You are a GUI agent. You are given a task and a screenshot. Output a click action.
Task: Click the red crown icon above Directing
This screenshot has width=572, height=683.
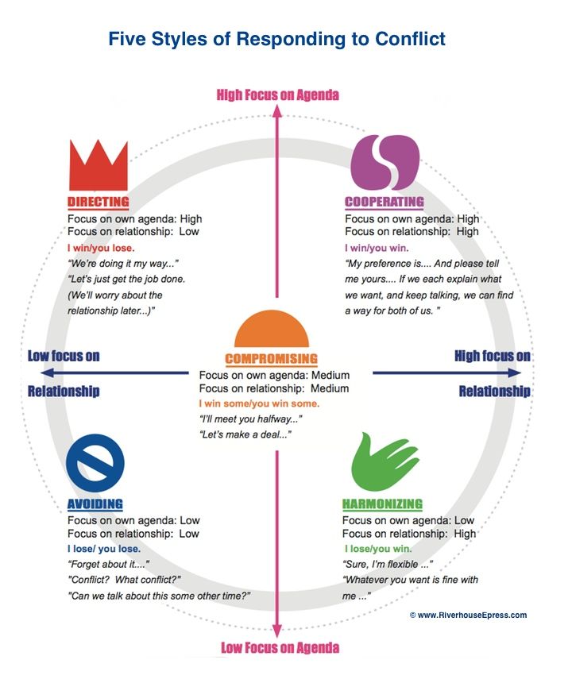[99, 165]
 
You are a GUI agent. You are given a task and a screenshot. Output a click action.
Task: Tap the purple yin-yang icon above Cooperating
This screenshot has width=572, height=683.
[385, 162]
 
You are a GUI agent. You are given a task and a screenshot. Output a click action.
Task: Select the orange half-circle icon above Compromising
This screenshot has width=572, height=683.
[272, 329]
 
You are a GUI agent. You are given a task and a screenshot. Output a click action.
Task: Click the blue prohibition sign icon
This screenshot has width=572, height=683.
[95, 463]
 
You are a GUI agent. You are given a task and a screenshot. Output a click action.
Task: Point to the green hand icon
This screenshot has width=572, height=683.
[385, 461]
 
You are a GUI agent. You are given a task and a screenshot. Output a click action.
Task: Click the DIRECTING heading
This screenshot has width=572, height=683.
[99, 202]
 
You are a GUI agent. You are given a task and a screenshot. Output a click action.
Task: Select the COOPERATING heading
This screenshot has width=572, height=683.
[385, 202]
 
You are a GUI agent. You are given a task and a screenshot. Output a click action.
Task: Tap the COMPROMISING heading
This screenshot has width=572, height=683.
[272, 359]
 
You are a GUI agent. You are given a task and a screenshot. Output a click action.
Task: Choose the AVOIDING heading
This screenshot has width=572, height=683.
[95, 504]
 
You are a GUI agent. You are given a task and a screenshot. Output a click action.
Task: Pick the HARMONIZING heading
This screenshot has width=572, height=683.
[382, 504]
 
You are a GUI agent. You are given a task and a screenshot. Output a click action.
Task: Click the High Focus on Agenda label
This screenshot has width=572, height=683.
[278, 95]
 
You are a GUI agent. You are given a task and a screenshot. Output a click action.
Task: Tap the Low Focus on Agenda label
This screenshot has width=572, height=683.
[280, 648]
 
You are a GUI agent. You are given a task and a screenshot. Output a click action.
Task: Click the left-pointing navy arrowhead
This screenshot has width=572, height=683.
[47, 372]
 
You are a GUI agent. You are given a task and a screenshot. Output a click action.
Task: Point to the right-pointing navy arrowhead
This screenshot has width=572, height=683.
[515, 372]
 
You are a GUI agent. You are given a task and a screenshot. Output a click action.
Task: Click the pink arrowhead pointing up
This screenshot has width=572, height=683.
[277, 111]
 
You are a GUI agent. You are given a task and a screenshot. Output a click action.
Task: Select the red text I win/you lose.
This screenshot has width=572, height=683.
[101, 248]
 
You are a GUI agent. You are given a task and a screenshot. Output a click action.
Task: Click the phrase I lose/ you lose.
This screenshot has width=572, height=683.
[104, 549]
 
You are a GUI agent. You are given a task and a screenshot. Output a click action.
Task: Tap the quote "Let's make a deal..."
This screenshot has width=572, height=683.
[245, 434]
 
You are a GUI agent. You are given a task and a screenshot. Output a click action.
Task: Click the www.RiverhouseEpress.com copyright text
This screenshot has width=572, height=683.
[468, 615]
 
